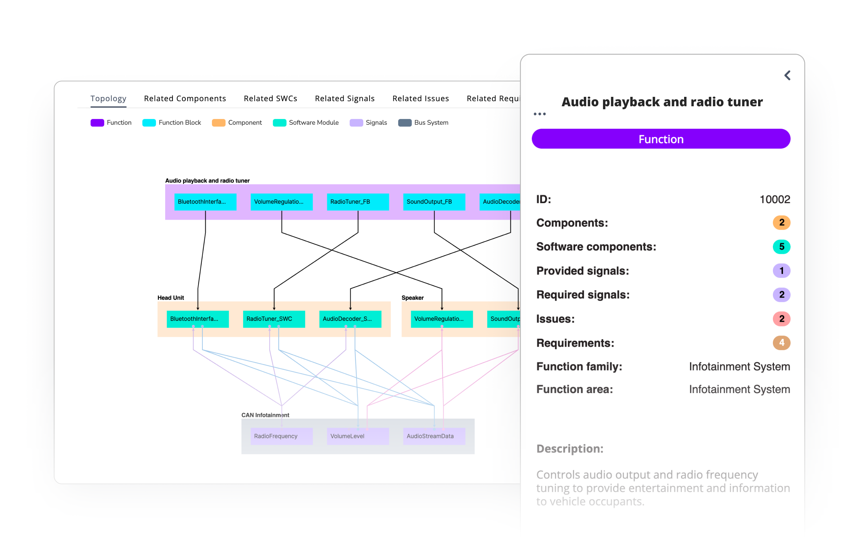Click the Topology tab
click(108, 98)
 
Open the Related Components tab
click(185, 98)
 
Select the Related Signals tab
click(344, 98)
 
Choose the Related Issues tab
click(420, 98)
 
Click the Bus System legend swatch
click(405, 122)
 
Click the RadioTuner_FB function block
click(358, 202)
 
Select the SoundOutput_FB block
click(434, 202)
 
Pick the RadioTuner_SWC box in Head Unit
click(273, 319)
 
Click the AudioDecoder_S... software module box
click(350, 319)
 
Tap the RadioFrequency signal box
click(282, 436)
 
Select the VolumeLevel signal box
click(358, 436)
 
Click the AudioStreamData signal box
click(434, 436)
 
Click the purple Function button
click(661, 139)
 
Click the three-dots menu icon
click(539, 114)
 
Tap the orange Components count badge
click(781, 222)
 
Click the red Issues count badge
click(781, 318)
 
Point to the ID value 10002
click(775, 199)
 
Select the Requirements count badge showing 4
click(781, 343)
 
